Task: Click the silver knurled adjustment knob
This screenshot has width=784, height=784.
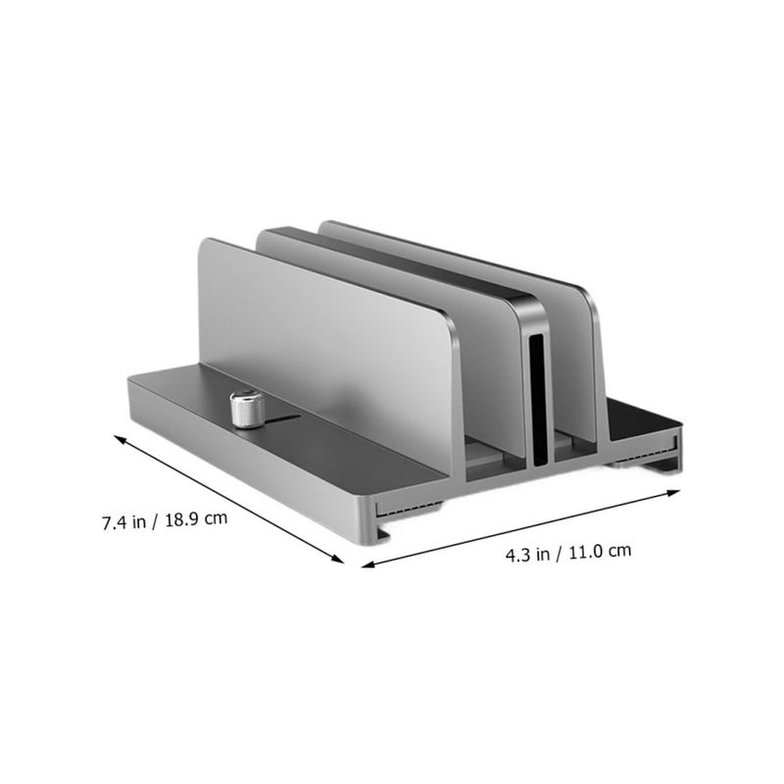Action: click(247, 409)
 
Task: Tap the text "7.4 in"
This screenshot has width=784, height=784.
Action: click(124, 522)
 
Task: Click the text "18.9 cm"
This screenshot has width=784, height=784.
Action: click(196, 518)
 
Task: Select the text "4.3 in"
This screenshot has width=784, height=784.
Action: click(527, 555)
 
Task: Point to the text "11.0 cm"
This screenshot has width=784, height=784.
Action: click(600, 551)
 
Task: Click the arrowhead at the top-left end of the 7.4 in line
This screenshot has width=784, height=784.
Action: click(120, 439)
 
